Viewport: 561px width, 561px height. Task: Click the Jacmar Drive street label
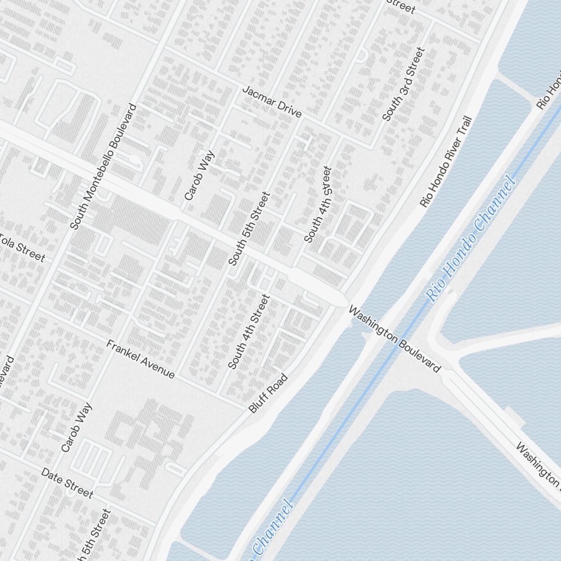[272, 102]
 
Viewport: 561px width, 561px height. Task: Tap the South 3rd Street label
[404, 84]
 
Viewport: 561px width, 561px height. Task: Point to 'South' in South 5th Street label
[236, 251]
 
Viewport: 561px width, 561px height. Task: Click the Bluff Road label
[268, 393]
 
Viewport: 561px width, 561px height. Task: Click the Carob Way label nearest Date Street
[76, 427]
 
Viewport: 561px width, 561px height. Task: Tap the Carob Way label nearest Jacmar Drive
[200, 174]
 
